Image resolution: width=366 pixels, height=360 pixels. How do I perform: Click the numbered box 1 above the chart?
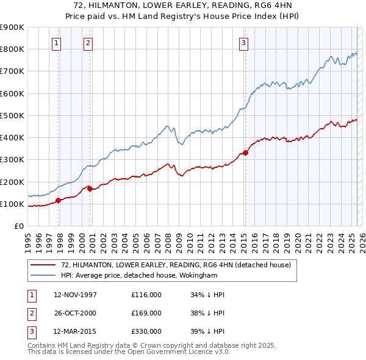[56, 43]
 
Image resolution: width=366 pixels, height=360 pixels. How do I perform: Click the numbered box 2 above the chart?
[88, 43]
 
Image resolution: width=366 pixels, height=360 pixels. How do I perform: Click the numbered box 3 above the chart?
[243, 43]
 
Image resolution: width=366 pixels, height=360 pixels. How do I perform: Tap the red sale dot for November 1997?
[59, 200]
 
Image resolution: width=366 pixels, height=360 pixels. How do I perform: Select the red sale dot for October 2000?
[90, 189]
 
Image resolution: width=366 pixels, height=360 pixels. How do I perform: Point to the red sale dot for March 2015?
[245, 153]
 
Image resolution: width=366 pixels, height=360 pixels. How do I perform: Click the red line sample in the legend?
[43, 265]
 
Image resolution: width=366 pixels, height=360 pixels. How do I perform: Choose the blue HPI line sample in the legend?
[43, 275]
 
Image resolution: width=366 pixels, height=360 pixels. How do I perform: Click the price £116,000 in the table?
[146, 295]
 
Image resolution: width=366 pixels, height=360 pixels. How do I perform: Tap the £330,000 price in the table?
[146, 331]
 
